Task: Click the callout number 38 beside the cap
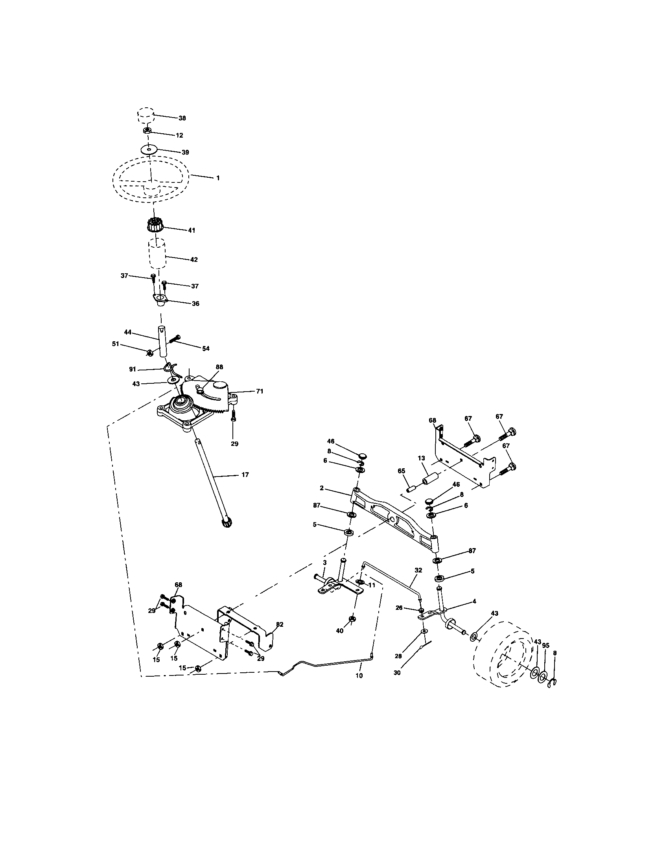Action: click(182, 118)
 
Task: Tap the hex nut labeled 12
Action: click(147, 131)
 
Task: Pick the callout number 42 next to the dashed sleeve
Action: click(193, 259)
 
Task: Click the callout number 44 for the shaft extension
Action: click(127, 333)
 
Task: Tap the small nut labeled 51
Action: click(149, 352)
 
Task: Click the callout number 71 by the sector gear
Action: click(260, 391)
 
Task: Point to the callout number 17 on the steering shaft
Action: click(245, 475)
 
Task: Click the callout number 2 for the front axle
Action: click(322, 488)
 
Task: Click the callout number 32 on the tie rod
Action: click(418, 570)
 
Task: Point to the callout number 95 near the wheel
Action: click(545, 645)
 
